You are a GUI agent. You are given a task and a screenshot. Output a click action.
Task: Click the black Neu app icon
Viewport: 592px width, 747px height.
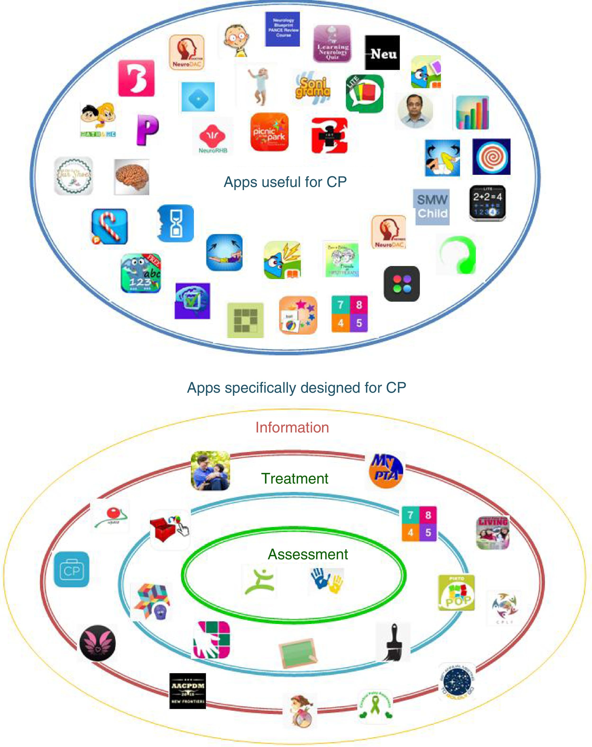(x=382, y=53)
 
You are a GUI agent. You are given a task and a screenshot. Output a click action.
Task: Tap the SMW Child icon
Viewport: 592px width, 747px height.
(x=431, y=207)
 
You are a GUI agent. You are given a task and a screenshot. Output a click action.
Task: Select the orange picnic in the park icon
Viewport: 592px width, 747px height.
(x=269, y=132)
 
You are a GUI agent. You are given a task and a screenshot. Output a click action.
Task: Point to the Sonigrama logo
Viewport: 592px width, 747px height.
(x=313, y=87)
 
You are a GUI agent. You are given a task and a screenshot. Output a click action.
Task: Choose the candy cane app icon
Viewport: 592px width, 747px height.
(x=110, y=227)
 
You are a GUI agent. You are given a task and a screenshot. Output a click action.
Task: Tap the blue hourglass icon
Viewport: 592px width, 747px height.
(x=175, y=223)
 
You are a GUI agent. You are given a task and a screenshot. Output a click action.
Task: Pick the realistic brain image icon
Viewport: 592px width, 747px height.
(x=132, y=177)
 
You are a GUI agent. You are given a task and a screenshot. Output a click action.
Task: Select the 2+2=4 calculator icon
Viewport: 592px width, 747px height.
(x=487, y=203)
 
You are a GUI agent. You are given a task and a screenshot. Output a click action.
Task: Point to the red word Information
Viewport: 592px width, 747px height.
(x=292, y=427)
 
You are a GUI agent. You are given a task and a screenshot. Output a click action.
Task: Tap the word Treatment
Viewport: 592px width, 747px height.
(x=295, y=479)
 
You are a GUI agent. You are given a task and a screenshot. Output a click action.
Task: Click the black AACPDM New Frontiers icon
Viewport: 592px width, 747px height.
(x=188, y=691)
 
